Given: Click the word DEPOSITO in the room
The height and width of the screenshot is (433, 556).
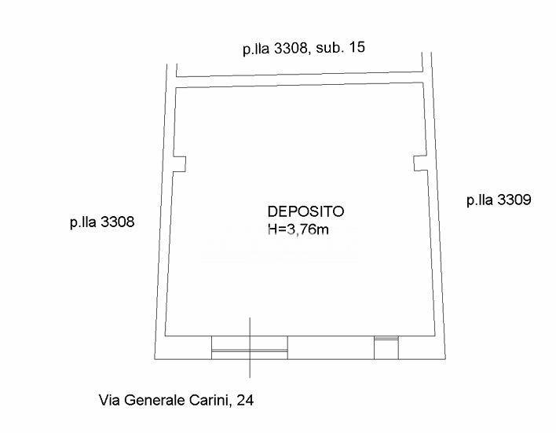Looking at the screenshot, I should [305, 211].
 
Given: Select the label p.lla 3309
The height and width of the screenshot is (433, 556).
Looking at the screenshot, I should [499, 200].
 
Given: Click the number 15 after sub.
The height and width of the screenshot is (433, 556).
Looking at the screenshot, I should [356, 47].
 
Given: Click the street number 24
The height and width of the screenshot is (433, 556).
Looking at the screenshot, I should [245, 401].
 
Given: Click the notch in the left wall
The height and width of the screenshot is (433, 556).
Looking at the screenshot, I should [180, 163].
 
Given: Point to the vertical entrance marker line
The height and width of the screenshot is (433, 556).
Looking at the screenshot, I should [251, 346].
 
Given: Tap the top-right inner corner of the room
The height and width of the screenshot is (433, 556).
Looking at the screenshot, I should [425, 87].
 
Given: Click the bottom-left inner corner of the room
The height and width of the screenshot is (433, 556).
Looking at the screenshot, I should [166, 336].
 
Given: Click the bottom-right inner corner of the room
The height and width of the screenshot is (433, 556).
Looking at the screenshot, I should [434, 336].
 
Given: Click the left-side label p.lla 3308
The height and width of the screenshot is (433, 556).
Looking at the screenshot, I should [102, 222].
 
